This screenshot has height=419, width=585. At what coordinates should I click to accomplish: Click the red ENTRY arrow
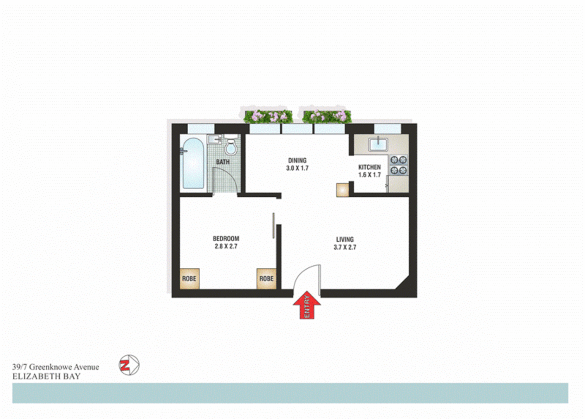tap(306, 305)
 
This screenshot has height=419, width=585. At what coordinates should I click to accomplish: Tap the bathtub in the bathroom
tap(193, 164)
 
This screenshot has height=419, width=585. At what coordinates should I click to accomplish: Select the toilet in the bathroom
tap(231, 145)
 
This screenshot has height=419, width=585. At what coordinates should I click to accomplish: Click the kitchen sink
tap(378, 144)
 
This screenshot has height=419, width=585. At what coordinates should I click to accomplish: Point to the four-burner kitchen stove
tap(398, 165)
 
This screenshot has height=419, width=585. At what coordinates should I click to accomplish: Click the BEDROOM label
tap(226, 239)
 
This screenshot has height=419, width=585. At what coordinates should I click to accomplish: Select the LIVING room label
tap(344, 239)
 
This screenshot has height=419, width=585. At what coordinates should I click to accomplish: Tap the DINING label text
tap(297, 160)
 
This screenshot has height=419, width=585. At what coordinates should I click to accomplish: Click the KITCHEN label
tap(369, 167)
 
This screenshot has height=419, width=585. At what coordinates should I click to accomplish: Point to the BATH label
tap(223, 162)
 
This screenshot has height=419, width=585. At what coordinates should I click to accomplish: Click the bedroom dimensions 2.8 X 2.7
tap(226, 246)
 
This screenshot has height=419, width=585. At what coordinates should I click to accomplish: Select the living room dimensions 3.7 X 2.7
tap(345, 247)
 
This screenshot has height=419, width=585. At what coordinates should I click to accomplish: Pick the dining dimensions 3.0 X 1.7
tap(297, 168)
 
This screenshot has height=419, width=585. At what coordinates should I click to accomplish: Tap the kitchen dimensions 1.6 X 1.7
tap(369, 175)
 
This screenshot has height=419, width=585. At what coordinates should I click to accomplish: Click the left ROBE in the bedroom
tap(189, 279)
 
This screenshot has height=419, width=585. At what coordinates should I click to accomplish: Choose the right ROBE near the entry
tap(266, 279)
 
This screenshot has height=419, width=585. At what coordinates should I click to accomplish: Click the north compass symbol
tap(129, 365)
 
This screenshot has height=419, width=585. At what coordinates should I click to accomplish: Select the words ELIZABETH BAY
tap(46, 376)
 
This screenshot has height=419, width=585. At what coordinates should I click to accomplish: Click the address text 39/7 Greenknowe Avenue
tap(55, 367)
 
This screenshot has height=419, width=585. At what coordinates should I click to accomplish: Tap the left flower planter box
tap(268, 116)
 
